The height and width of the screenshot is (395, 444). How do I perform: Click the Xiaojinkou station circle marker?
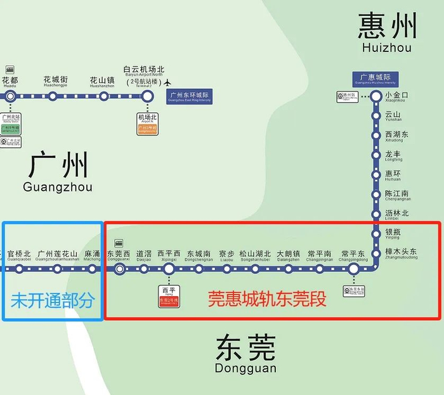tap(376, 96)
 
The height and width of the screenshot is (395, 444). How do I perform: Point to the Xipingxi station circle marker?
tap(169, 269)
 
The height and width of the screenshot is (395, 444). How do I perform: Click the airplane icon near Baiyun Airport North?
tap(167, 82)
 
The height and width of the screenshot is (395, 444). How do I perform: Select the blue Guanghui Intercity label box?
tap(375, 79)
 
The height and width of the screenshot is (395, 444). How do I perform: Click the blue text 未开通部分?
tap(51, 300)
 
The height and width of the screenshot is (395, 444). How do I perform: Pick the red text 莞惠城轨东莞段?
tap(268, 299)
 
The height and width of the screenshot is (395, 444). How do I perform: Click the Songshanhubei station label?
tap(255, 256)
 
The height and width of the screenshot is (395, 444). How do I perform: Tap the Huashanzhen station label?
tap(101, 82)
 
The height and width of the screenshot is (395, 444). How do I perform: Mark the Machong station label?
tap(92, 256)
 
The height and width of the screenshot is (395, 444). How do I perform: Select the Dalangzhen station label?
tap(288, 256)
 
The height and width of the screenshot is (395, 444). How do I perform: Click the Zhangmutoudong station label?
tap(401, 254)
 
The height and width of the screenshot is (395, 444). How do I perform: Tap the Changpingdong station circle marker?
tap(354, 269)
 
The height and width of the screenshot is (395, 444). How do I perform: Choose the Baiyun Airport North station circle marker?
tap(147, 96)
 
